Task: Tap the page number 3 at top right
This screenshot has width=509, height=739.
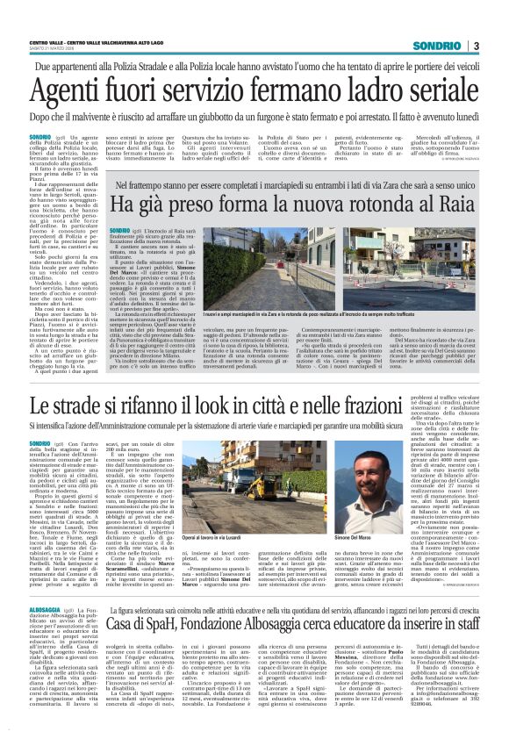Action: point(475,46)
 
